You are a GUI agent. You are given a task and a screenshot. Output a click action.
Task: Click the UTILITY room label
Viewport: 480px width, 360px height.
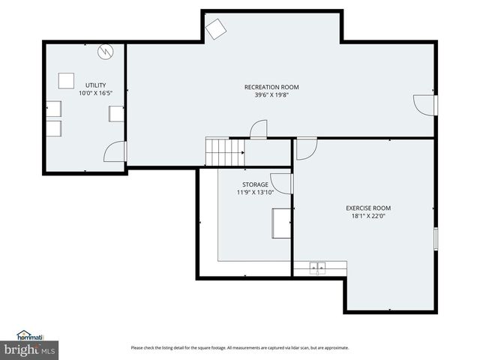coord(95,85)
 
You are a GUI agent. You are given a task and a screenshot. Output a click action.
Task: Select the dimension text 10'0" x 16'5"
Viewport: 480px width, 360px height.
coord(95,93)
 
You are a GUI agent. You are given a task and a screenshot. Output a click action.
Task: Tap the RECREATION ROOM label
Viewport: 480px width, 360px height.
coord(266,87)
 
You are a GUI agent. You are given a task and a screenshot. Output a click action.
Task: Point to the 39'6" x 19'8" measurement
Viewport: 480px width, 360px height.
coord(266,95)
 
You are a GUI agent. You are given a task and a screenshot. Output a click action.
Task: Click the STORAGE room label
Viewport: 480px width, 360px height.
coord(255,184)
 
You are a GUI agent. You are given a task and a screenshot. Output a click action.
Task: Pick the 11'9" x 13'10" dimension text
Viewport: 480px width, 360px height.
coord(255,192)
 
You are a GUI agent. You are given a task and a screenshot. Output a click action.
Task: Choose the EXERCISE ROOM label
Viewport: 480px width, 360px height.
coord(367,208)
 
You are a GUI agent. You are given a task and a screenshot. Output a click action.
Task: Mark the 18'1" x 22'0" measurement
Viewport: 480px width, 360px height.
coord(367,216)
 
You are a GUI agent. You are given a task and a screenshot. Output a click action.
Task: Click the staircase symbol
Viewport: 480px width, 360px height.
coord(225,153)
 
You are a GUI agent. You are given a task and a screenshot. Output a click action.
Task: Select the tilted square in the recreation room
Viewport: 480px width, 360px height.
coord(217,28)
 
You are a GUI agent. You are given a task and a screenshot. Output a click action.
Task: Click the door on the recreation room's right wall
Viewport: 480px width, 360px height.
coord(425,105)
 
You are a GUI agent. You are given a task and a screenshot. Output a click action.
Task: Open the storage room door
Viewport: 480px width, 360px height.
coord(281,183)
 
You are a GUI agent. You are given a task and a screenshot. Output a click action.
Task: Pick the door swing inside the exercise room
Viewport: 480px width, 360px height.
coord(306,148)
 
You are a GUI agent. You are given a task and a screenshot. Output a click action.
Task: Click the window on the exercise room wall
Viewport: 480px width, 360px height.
coord(436,238)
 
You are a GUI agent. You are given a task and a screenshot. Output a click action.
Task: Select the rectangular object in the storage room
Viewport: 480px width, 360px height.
coord(281,223)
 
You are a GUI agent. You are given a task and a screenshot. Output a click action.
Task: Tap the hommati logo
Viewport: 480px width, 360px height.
coord(30,337)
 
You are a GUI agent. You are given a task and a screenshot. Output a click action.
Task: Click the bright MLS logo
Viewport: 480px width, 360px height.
coord(30,349)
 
